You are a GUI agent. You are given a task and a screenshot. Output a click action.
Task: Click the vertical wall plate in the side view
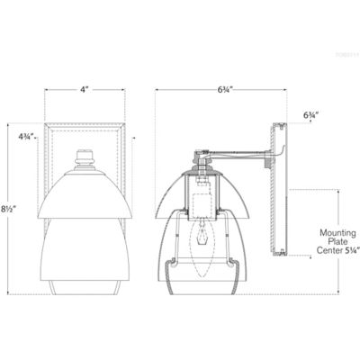(281, 216)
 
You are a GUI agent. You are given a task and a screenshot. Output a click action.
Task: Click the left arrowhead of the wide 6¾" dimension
(156, 90)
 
